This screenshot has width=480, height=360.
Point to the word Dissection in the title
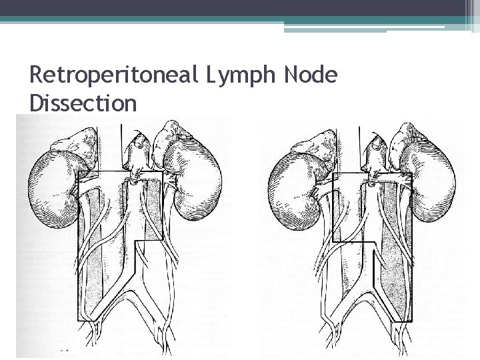coord(83,104)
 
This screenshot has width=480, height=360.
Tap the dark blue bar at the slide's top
coord(240,7)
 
